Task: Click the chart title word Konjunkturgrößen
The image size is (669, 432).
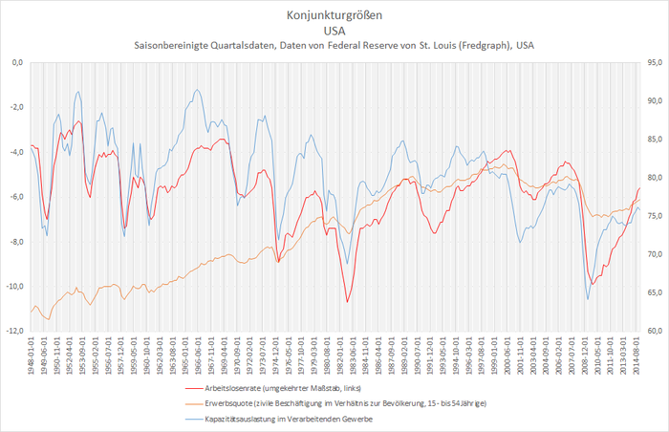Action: click(334, 15)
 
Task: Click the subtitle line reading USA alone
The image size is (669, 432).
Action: click(334, 31)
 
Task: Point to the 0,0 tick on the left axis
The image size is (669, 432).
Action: click(16, 63)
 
